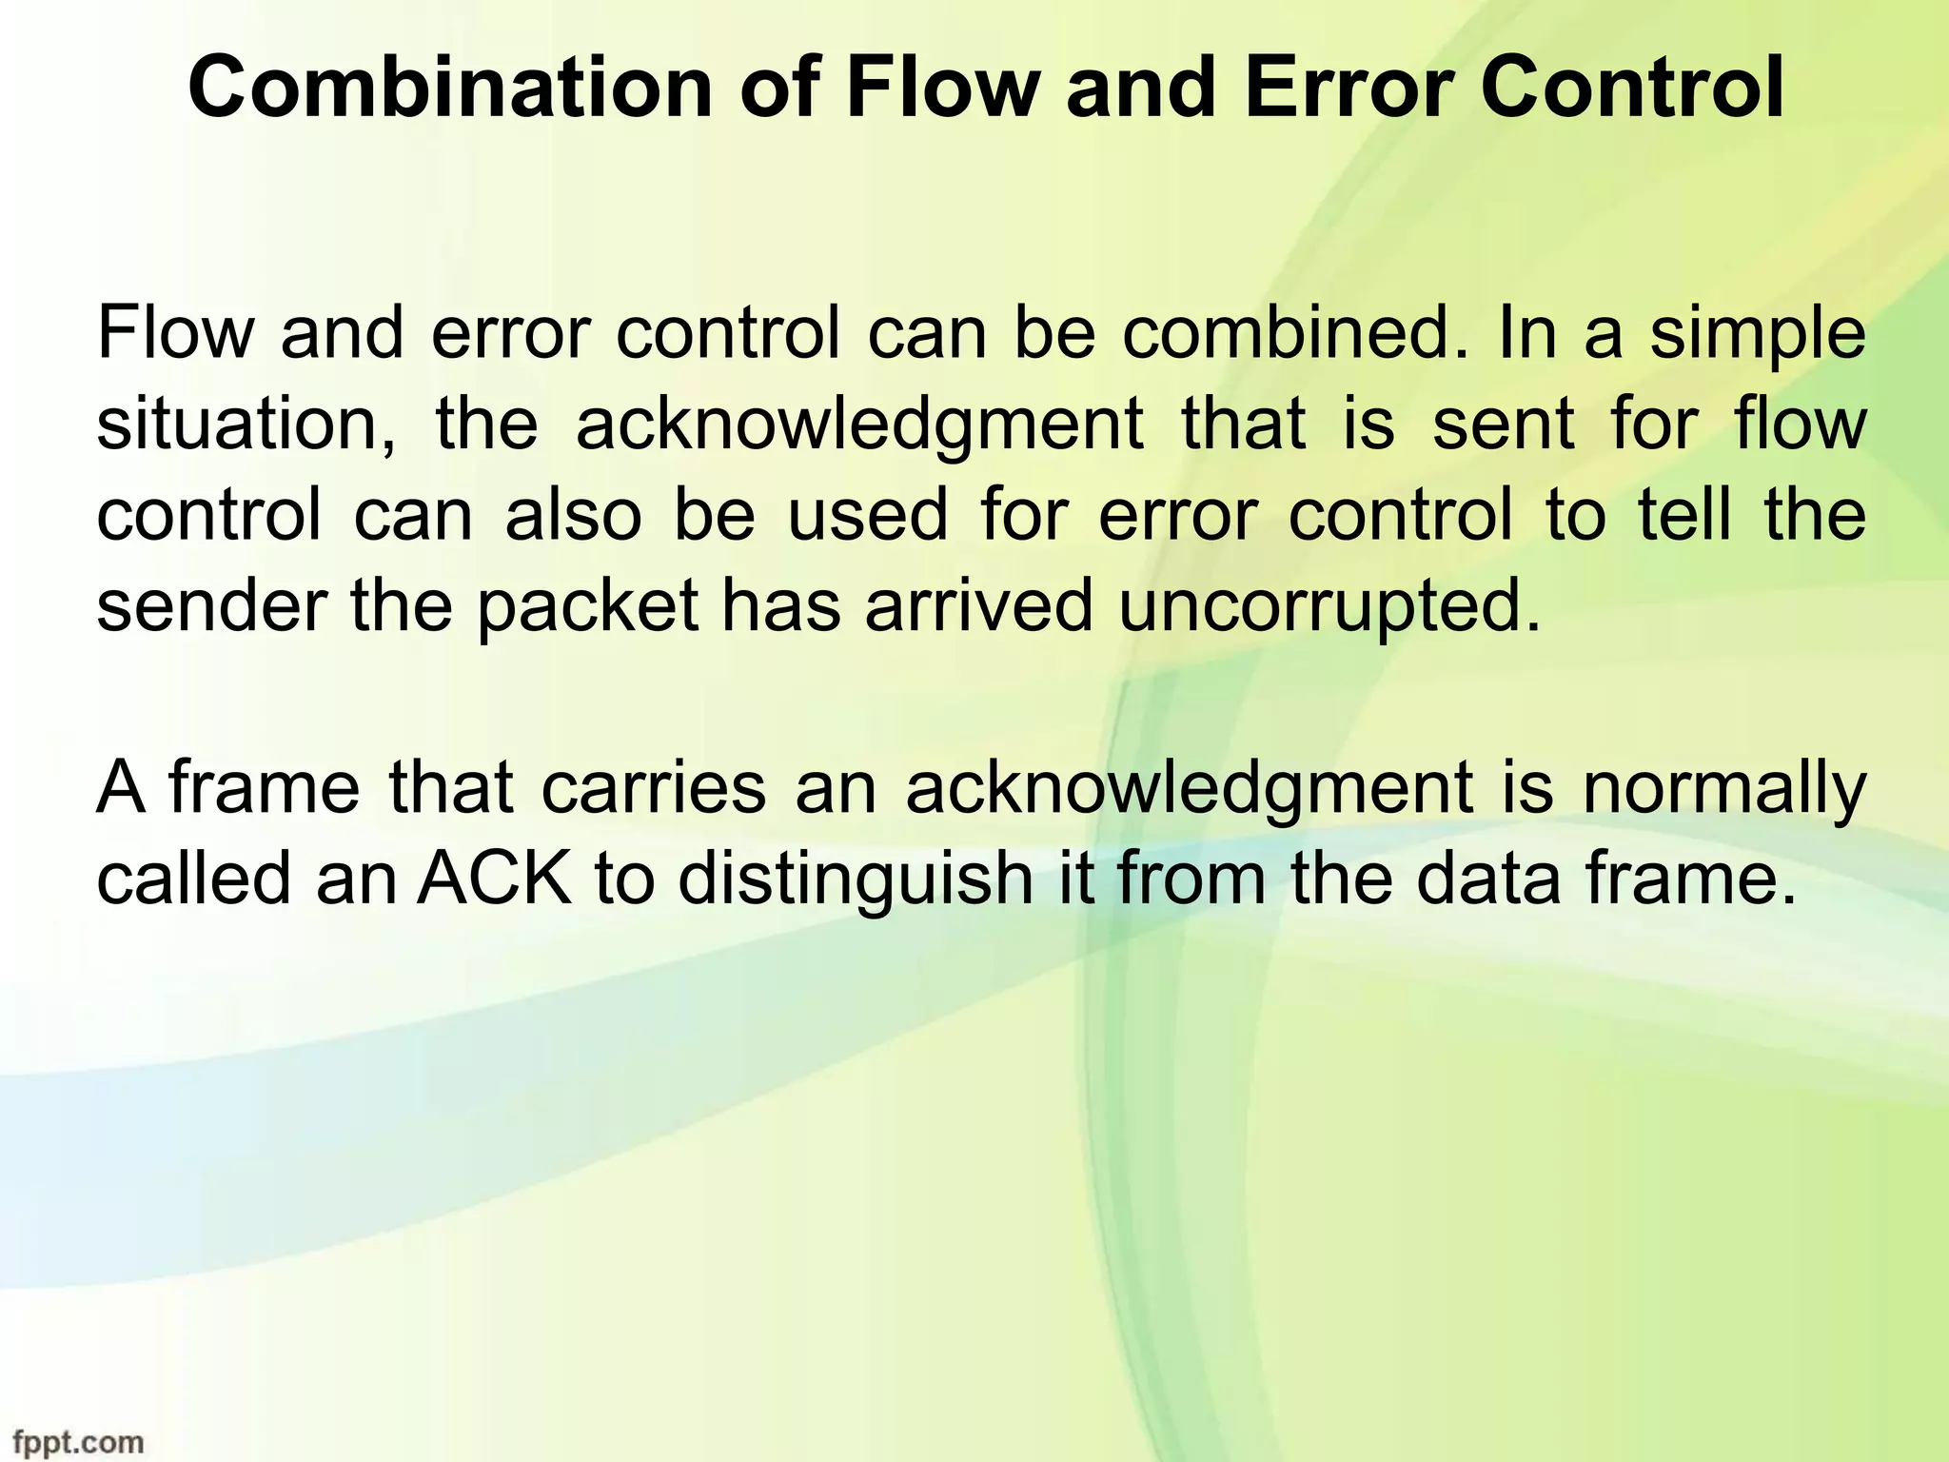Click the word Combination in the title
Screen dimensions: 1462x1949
coord(449,89)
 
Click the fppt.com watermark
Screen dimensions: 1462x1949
coord(72,1441)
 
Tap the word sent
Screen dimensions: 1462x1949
coord(1504,425)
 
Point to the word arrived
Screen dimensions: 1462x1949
coord(978,606)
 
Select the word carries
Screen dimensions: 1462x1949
coord(654,788)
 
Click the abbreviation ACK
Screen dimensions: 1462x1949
coord(495,879)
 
